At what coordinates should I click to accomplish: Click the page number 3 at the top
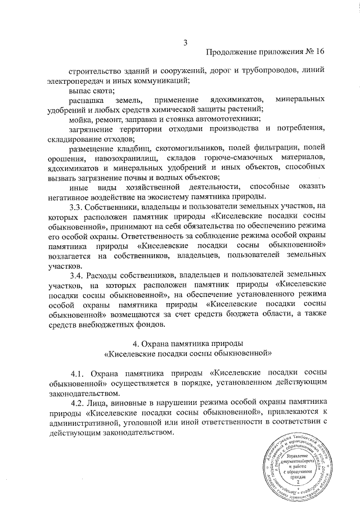click(185, 41)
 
